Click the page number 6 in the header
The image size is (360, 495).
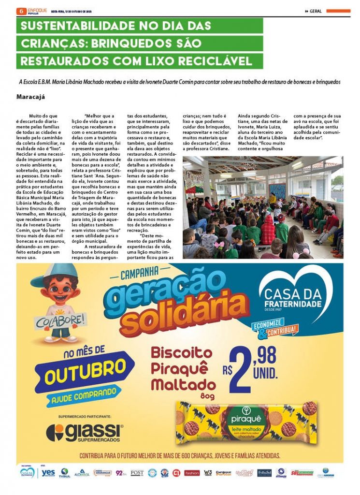tap(20, 11)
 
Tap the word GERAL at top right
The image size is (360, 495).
tap(316, 11)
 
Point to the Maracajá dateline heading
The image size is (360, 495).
tap(30, 96)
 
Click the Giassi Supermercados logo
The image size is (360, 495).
tap(85, 432)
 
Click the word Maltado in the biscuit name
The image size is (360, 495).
tap(183, 385)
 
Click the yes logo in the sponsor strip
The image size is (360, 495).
tap(48, 473)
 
